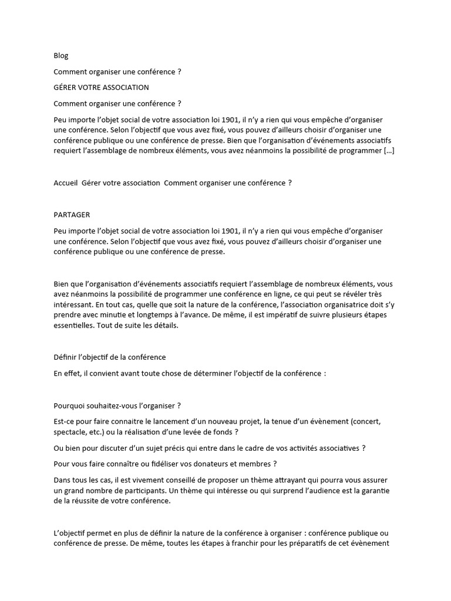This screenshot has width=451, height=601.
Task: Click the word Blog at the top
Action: coord(61,56)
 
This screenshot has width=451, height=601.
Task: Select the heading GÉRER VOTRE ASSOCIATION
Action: coord(101,87)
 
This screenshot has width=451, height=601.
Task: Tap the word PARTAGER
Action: coord(72,215)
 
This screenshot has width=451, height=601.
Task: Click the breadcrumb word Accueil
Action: coord(65,183)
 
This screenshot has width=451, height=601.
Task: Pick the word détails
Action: coord(169,326)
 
